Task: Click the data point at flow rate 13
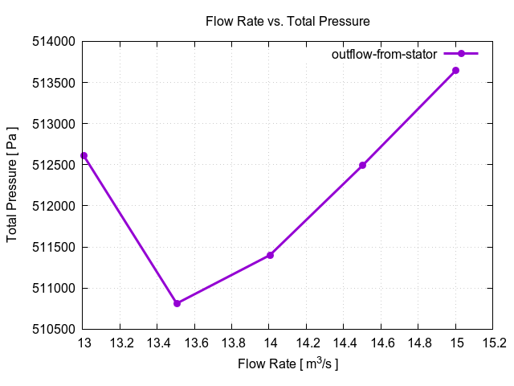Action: coord(84,155)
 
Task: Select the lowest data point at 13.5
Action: coord(177,303)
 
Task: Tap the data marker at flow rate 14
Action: coord(270,255)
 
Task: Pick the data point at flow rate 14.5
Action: coord(363,165)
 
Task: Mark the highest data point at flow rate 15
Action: coord(456,71)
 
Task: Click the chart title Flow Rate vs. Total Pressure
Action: coord(288,21)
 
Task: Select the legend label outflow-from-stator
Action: coord(384,54)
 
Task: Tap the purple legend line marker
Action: coord(462,54)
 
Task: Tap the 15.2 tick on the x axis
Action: coord(493,343)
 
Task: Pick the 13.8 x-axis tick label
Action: coord(232,343)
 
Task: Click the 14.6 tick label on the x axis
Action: coord(381,343)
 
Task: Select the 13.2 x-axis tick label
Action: coord(120,343)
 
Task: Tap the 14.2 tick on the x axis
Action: coord(307,343)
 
